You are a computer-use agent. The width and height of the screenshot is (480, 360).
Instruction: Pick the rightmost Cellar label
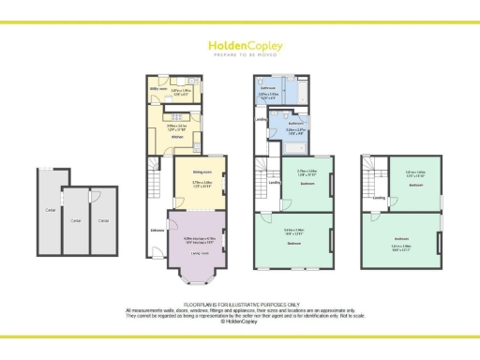click(x=104, y=220)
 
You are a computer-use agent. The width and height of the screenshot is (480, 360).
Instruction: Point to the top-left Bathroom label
click(x=266, y=87)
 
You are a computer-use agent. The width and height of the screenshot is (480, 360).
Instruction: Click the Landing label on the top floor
click(x=380, y=198)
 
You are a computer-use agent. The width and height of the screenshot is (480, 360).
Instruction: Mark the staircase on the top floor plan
click(x=373, y=172)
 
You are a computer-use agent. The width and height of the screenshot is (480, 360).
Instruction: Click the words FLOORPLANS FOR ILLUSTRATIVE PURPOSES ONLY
click(x=240, y=304)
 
